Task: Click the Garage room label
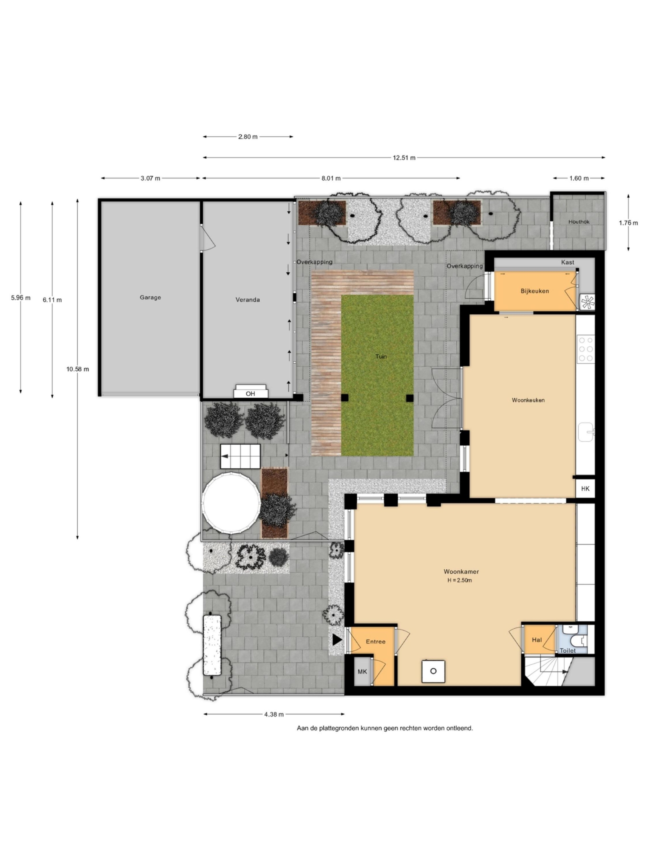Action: click(150, 297)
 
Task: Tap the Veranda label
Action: click(248, 299)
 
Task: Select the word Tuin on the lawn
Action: click(381, 356)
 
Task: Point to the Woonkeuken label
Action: click(528, 400)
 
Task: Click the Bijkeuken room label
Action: click(535, 291)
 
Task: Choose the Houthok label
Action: click(579, 222)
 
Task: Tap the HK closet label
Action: click(585, 489)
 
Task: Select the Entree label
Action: click(376, 641)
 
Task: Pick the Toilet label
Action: click(568, 651)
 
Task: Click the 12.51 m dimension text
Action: click(404, 158)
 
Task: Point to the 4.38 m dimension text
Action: click(274, 714)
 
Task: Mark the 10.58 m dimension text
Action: click(78, 369)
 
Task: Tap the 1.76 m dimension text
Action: click(628, 223)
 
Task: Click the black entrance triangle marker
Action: click(337, 640)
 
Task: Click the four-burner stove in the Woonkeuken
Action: click(585, 349)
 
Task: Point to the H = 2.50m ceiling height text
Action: click(460, 580)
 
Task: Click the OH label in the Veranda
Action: click(250, 394)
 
